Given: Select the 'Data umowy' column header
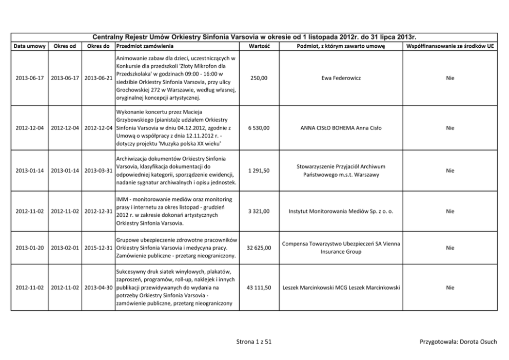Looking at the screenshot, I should (x=29, y=46).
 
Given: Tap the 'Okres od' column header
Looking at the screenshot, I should (x=65, y=46).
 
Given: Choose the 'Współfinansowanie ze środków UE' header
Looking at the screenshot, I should (x=450, y=46).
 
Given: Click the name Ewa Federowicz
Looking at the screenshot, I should (x=341, y=78).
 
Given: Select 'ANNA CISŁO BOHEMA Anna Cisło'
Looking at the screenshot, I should (x=341, y=128).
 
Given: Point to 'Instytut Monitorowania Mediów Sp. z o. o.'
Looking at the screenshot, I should (x=341, y=211).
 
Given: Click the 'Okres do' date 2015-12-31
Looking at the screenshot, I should (x=99, y=248).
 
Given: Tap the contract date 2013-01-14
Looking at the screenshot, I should (x=29, y=170).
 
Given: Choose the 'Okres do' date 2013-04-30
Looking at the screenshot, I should (x=99, y=288).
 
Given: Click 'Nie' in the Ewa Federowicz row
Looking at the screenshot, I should (x=450, y=78).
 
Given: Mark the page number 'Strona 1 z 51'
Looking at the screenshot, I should (x=254, y=342).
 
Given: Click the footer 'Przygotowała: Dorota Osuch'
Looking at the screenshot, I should (x=458, y=342).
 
